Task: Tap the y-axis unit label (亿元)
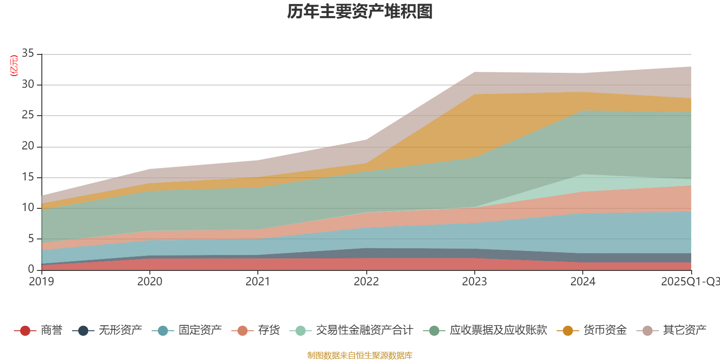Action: coord(14,66)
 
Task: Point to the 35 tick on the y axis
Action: coord(28,54)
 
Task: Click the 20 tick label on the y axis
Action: coord(28,146)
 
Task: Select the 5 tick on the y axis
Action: coord(31,238)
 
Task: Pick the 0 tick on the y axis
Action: coord(31,269)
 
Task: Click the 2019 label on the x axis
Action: coord(41,282)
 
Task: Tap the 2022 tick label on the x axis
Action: coord(366,282)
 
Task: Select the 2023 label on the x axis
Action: coord(474,282)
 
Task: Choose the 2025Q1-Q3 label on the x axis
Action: coord(690,282)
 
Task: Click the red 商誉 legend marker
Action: coord(25,331)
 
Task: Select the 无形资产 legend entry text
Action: coord(120,330)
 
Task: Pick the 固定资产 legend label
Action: coord(200,330)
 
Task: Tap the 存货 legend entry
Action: coord(269,330)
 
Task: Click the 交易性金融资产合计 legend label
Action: coord(364,330)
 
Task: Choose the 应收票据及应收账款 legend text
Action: coord(498,330)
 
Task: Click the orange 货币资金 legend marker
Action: coord(568,331)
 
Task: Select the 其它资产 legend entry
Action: coord(684,330)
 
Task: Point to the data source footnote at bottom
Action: coord(360,355)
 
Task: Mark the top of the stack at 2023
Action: coord(474,72)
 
